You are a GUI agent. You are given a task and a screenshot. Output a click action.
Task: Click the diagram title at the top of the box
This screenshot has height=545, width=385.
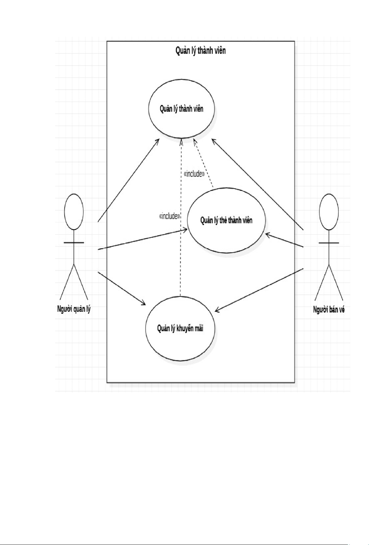pyautogui.click(x=200, y=50)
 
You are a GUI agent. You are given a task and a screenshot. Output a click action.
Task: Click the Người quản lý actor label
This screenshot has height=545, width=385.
pyautogui.click(x=74, y=309)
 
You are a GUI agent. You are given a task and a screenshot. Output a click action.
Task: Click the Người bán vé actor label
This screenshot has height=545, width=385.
pyautogui.click(x=329, y=310)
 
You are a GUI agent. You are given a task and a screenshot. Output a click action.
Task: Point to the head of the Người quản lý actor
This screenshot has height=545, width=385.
pyautogui.click(x=74, y=212)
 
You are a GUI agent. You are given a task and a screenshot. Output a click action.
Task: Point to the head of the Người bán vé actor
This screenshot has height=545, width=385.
pyautogui.click(x=329, y=212)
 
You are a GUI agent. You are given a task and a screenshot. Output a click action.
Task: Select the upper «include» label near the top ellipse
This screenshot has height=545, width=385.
pyautogui.click(x=194, y=174)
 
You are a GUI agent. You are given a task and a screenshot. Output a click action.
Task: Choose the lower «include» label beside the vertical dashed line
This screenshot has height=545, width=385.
pyautogui.click(x=169, y=216)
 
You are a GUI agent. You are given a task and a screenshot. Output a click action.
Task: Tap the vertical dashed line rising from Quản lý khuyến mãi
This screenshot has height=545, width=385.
pyautogui.click(x=181, y=252)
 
